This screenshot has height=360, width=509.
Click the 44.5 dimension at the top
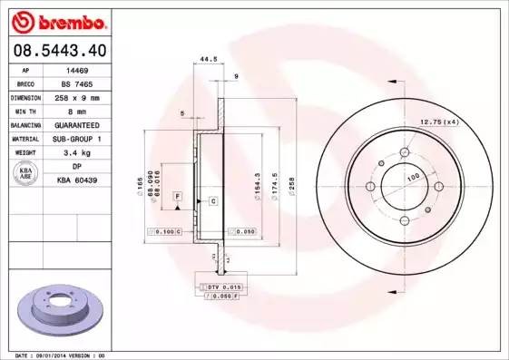208,60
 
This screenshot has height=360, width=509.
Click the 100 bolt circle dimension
413,178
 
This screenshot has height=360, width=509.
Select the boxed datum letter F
178,196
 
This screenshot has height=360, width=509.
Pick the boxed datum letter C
212,199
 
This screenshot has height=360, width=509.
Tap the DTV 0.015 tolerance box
221,287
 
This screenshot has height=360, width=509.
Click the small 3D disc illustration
61,312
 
